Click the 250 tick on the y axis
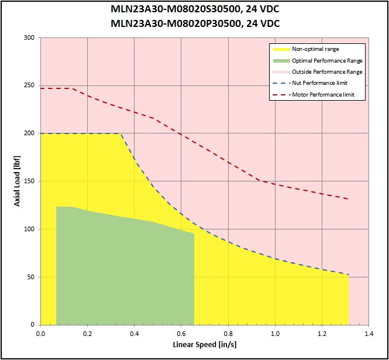point(29,85)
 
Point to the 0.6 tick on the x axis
point(181,334)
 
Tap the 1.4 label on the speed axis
point(369,334)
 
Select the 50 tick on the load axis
point(30,277)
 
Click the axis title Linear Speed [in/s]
point(205,345)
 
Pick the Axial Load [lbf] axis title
point(17,181)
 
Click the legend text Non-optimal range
point(315,49)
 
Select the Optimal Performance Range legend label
point(327,60)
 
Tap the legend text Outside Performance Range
point(327,72)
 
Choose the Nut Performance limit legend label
point(319,83)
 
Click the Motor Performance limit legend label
point(323,95)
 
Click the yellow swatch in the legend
point(281,49)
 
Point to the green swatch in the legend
point(281,60)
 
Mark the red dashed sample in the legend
point(281,95)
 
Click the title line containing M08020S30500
point(195,9)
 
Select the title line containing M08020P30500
point(195,23)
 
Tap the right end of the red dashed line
point(349,199)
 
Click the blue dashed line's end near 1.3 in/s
point(349,275)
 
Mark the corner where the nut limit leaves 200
point(121,133)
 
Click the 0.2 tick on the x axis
point(87,334)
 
